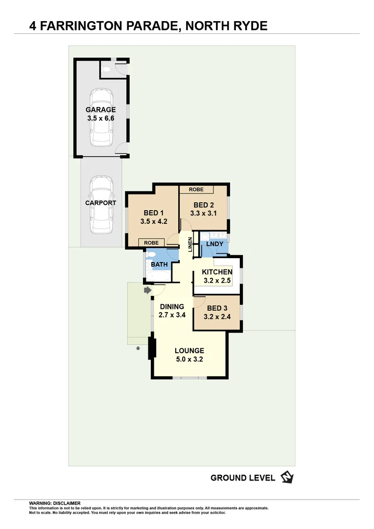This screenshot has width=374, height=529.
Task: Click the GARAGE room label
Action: [x=101, y=110]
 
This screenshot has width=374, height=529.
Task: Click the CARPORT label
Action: [x=101, y=203]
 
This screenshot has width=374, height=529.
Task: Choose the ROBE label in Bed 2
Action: [x=196, y=189]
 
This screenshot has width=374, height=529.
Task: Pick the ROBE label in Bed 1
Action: [x=151, y=242]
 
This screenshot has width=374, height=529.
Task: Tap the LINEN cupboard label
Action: [x=190, y=245]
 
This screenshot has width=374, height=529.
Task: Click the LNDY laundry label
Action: [x=215, y=244]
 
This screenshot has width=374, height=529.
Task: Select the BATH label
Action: [x=159, y=264]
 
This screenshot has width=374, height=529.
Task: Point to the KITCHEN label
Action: [x=217, y=272]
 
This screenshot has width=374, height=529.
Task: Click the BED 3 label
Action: [x=217, y=308]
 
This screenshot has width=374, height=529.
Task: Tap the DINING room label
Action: [x=172, y=307]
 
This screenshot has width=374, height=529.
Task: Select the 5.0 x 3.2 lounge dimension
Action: [x=189, y=359]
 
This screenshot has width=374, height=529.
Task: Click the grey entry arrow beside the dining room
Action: [x=147, y=290]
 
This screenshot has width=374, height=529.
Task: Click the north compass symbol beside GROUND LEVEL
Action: [x=286, y=477]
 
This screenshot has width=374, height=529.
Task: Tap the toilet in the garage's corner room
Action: [x=108, y=70]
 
